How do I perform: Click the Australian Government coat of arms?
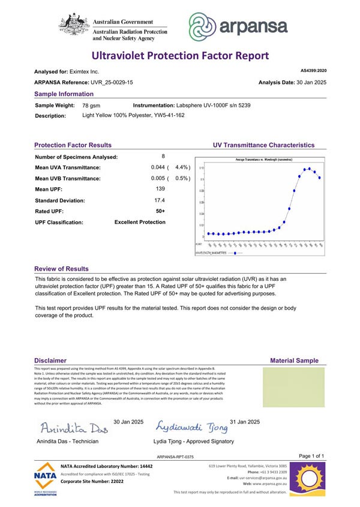tap(73, 26)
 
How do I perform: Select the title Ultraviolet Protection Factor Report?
tap(180, 56)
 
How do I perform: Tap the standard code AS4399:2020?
tap(313, 71)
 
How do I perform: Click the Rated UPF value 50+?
tap(160, 211)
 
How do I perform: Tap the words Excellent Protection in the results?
tap(140, 222)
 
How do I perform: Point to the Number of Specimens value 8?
tap(163, 156)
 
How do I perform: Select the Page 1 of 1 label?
tap(311, 457)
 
